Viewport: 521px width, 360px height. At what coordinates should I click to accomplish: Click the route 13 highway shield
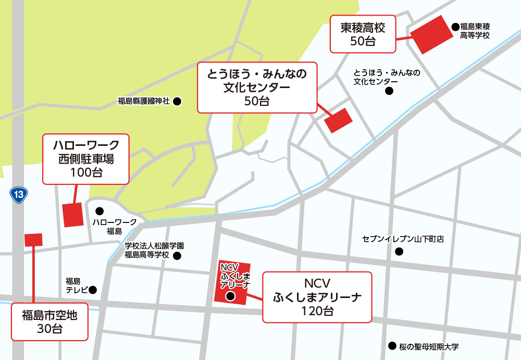click(x=19, y=195)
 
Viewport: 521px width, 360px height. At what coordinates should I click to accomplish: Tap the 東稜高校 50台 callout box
click(x=363, y=34)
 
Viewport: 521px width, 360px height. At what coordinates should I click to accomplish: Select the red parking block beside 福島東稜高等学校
click(x=432, y=34)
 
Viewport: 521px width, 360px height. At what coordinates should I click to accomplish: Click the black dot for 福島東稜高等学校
click(x=455, y=26)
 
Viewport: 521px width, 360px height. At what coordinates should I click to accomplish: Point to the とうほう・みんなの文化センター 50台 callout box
click(x=257, y=86)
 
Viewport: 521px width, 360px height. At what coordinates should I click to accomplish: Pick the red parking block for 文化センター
click(x=338, y=121)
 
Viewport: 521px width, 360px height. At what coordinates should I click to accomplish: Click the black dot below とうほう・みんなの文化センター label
click(x=389, y=92)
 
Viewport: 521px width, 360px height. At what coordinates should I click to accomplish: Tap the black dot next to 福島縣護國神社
click(x=177, y=102)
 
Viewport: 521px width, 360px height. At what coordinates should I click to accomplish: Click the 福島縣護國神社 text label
click(x=144, y=102)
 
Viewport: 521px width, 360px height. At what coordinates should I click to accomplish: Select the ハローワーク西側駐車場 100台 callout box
click(x=85, y=158)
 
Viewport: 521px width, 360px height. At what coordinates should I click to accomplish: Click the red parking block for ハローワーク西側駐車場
click(x=73, y=214)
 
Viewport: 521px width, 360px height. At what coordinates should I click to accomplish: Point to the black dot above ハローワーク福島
click(x=100, y=211)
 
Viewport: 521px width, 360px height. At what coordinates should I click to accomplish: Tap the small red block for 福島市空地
click(x=33, y=239)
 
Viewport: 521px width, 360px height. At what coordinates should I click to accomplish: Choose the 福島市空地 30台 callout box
click(x=49, y=322)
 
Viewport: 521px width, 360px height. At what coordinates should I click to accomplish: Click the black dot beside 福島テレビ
click(x=93, y=290)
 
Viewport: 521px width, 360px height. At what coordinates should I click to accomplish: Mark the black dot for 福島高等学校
click(x=177, y=256)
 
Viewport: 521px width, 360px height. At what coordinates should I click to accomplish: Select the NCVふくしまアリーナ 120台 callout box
click(x=317, y=297)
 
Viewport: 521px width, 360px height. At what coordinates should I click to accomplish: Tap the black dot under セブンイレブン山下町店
click(x=399, y=252)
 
